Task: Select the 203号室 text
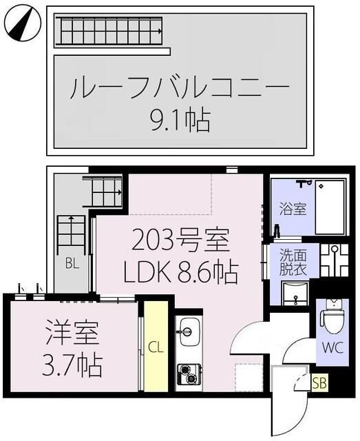pos(180,243)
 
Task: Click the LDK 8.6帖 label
pos(180,273)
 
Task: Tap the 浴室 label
pos(293,209)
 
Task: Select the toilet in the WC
pos(333,316)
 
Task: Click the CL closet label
pos(157,347)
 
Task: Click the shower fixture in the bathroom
pos(303,185)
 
